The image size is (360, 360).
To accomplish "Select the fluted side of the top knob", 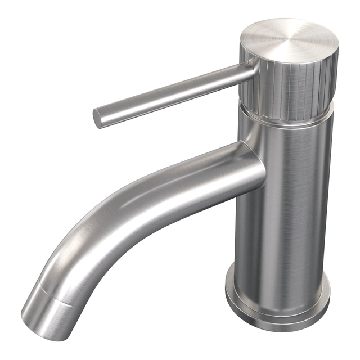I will (x=292, y=87).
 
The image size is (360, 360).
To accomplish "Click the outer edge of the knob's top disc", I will (x=332, y=51).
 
